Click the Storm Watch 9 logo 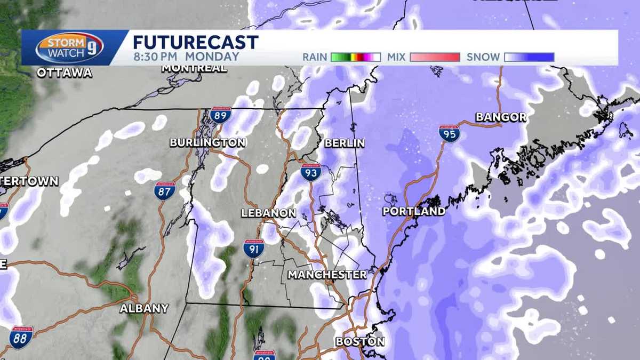[x=69, y=48]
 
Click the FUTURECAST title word [x=195, y=42]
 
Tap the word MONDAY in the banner [x=213, y=57]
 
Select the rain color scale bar [x=355, y=57]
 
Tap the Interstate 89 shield [x=220, y=115]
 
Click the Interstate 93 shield [x=310, y=172]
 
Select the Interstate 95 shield [x=450, y=133]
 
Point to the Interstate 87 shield [x=165, y=190]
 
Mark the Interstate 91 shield [x=254, y=249]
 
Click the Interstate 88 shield [x=21, y=337]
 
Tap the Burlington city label [x=207, y=142]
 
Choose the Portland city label [x=414, y=211]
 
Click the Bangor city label [x=501, y=117]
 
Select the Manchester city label [x=327, y=275]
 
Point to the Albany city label [x=144, y=308]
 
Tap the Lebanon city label [x=268, y=213]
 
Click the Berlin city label [x=345, y=143]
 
